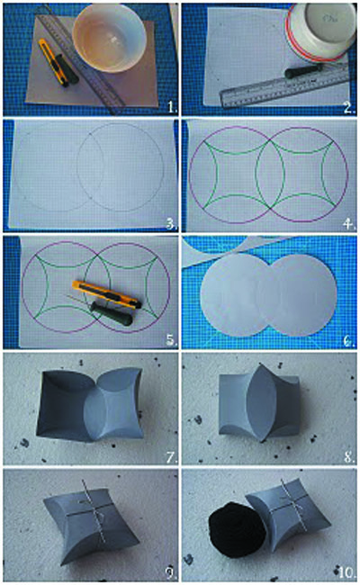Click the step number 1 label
172,107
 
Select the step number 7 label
171,456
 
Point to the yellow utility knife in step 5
106,294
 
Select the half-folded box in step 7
89,406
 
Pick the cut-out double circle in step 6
268,294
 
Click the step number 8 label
349,456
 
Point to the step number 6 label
349,340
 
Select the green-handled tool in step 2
304,71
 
